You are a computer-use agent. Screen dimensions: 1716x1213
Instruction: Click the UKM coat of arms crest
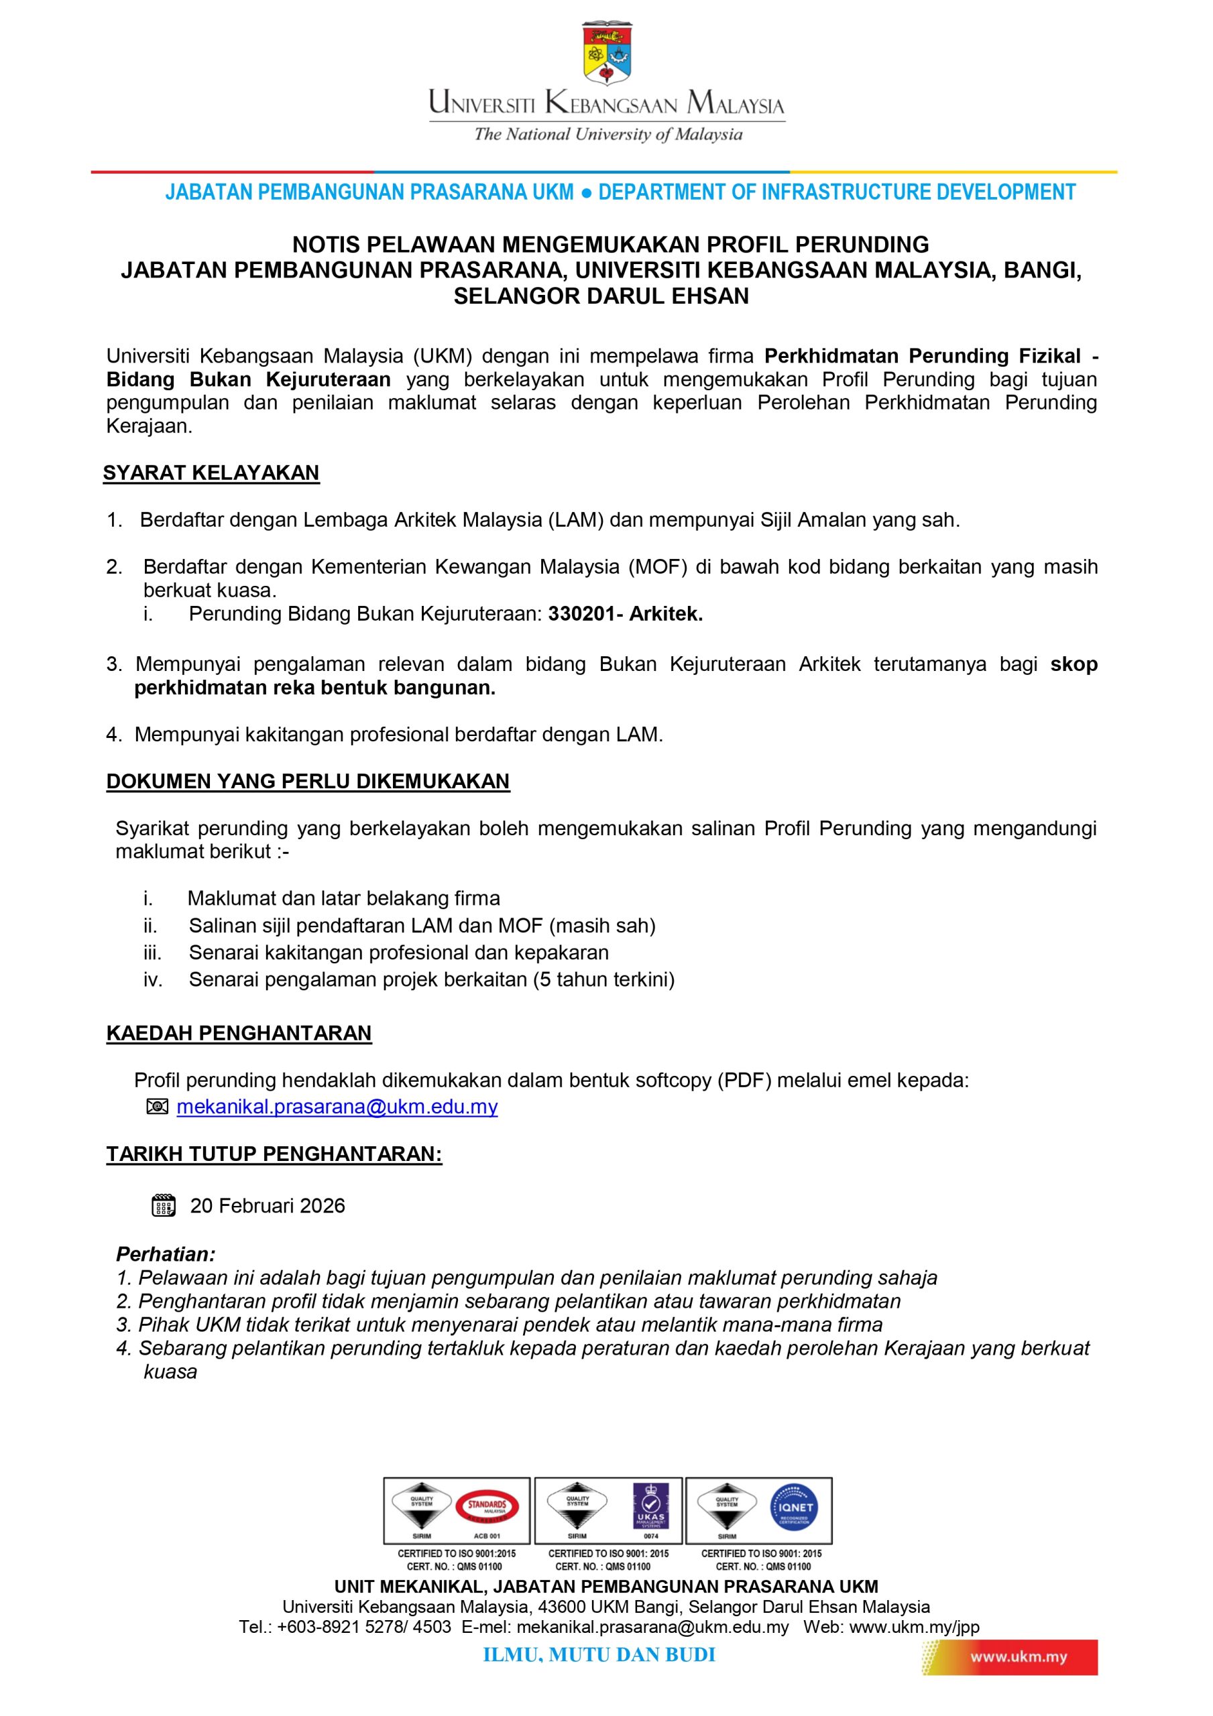point(606,53)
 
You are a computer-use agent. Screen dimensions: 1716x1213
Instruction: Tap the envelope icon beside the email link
point(157,1106)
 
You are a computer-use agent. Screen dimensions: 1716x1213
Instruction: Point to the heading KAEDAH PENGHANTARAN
point(239,1033)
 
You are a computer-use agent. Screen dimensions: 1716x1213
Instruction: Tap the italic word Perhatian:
point(165,1254)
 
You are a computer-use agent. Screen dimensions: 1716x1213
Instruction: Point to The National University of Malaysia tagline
point(608,135)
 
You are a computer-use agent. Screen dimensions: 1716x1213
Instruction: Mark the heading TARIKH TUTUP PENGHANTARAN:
point(274,1154)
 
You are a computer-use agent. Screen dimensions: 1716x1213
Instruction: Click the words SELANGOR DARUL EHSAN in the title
point(601,296)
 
